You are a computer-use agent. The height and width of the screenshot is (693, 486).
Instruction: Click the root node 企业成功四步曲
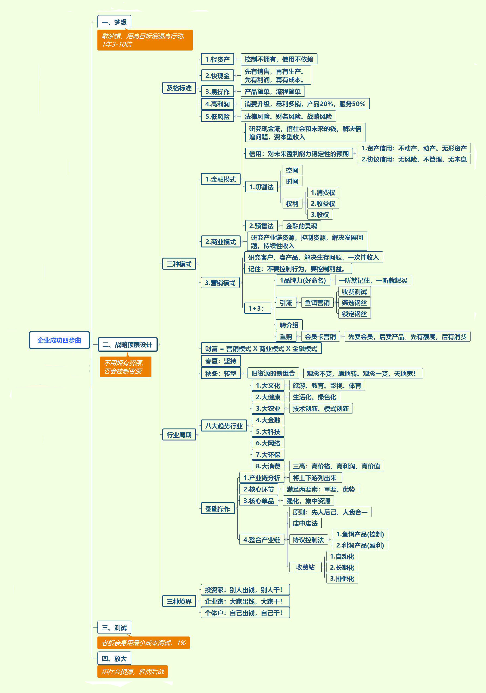point(59,340)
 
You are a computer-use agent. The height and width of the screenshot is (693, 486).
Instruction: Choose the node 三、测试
point(114,628)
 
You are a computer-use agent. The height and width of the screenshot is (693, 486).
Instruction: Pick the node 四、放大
point(114,658)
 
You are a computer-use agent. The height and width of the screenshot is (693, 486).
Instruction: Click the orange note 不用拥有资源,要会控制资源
point(125,367)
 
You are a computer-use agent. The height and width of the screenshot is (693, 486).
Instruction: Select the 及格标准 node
point(179,88)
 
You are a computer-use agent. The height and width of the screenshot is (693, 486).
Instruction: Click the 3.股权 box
point(320,215)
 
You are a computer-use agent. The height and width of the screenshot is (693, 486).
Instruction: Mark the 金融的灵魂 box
point(301,226)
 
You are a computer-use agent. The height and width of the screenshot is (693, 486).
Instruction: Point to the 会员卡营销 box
point(320,336)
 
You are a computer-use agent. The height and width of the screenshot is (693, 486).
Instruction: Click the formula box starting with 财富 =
point(261,349)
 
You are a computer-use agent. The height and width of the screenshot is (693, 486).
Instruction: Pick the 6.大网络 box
point(268,443)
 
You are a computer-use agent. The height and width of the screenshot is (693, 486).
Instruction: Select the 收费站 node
point(305,567)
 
